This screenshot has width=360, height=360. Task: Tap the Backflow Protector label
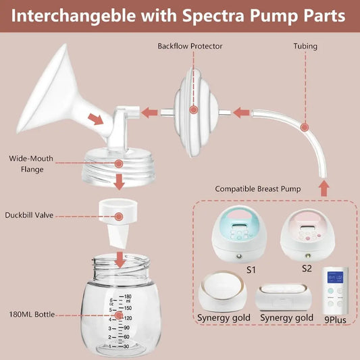tap(190, 47)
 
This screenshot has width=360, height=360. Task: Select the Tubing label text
tap(305, 47)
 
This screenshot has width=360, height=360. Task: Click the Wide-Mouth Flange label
tap(32, 164)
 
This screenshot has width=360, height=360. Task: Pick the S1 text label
tap(251, 269)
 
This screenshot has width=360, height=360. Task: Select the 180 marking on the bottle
tap(126, 296)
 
